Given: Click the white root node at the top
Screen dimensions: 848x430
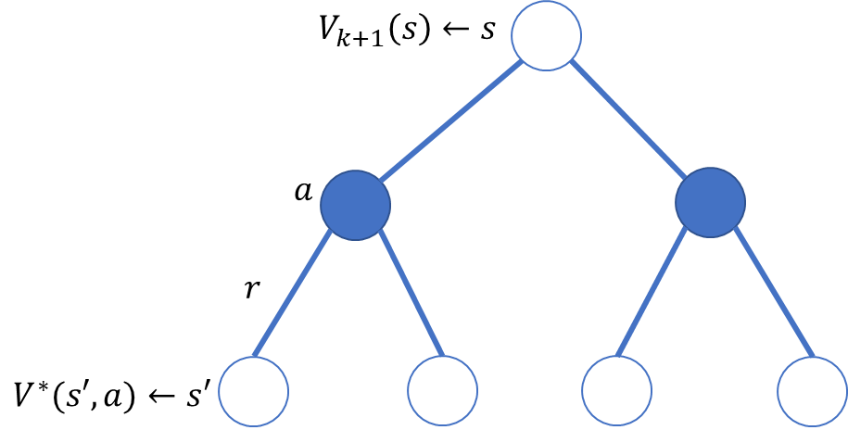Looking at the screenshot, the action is tap(546, 35).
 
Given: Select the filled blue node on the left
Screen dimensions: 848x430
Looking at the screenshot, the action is tap(355, 205).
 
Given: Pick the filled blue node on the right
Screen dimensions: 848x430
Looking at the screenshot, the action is tap(710, 202).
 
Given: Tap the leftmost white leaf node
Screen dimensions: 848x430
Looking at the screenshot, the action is tap(253, 391).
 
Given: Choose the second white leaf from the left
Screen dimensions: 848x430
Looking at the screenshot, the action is tap(442, 391).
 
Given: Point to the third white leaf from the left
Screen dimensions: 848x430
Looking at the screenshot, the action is tap(616, 391).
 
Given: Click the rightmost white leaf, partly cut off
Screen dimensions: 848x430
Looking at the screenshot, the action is tap(813, 391).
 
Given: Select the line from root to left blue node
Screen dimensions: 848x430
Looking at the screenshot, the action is tap(451, 120).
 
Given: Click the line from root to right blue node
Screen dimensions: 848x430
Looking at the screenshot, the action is tap(627, 119).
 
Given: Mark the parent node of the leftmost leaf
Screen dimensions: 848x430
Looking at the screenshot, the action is tap(355, 205).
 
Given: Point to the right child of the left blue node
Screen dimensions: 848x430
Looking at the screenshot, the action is tap(442, 391).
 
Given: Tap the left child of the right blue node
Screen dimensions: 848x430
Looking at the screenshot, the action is tap(616, 391).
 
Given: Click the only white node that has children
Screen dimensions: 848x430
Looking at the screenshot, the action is tap(546, 35).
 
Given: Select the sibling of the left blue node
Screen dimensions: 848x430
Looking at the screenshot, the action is tap(710, 202).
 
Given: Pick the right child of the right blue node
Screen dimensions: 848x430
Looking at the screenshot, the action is tap(813, 391).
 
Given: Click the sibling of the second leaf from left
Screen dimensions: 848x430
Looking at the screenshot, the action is tap(253, 391).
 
